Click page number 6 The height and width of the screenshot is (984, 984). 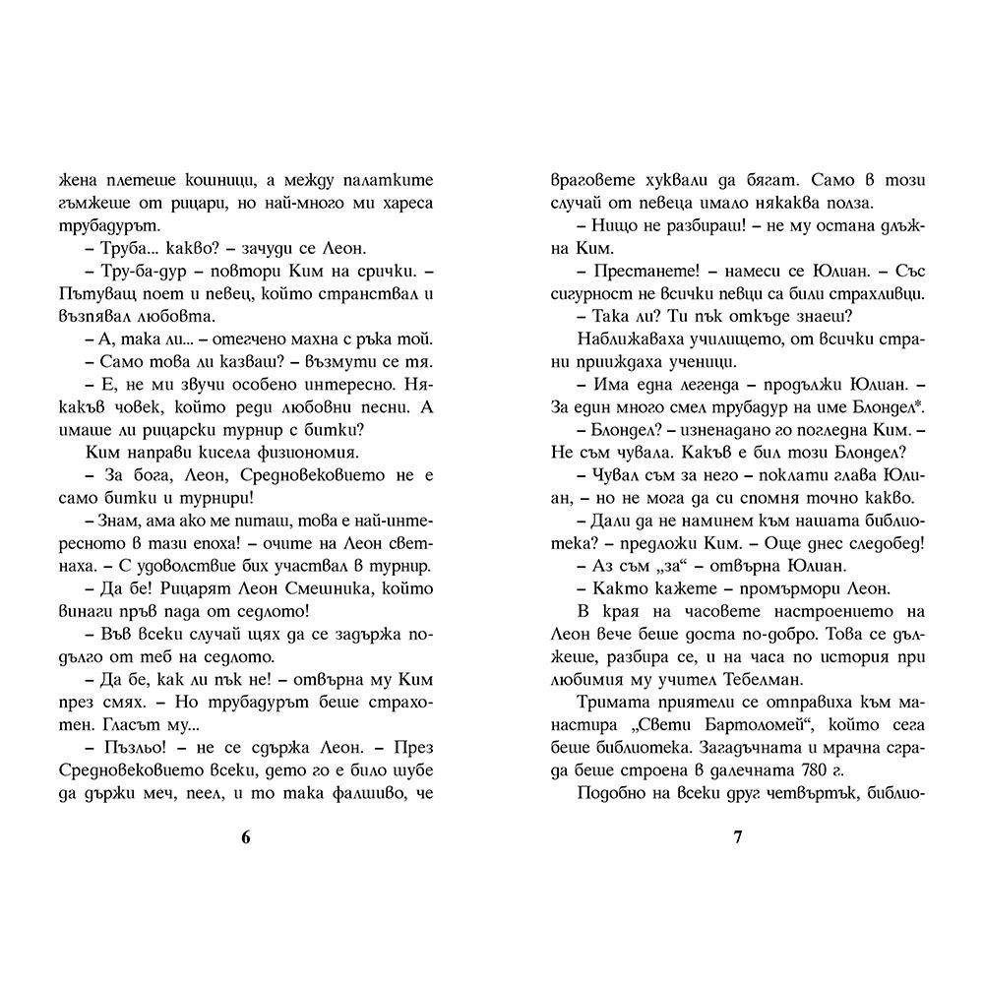[246, 838]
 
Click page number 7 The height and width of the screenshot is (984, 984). [737, 838]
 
